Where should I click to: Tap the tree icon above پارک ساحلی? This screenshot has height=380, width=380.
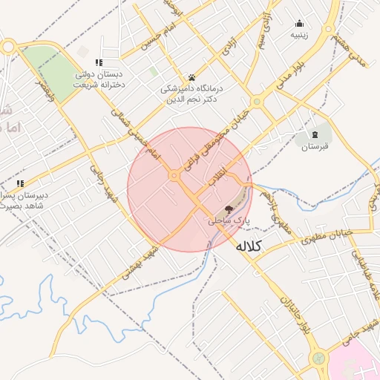coord(228,210)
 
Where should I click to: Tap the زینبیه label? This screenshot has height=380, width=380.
coord(299,34)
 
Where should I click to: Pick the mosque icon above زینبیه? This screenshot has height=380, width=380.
coord(299,23)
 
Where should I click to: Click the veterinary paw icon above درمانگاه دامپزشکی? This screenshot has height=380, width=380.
coord(191,77)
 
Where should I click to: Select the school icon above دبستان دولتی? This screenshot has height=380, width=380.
coord(99,63)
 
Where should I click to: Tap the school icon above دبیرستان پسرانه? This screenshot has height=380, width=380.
coord(21,183)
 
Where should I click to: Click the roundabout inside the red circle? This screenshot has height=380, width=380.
coord(175,175)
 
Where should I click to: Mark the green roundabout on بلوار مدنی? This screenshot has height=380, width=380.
coord(257,101)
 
